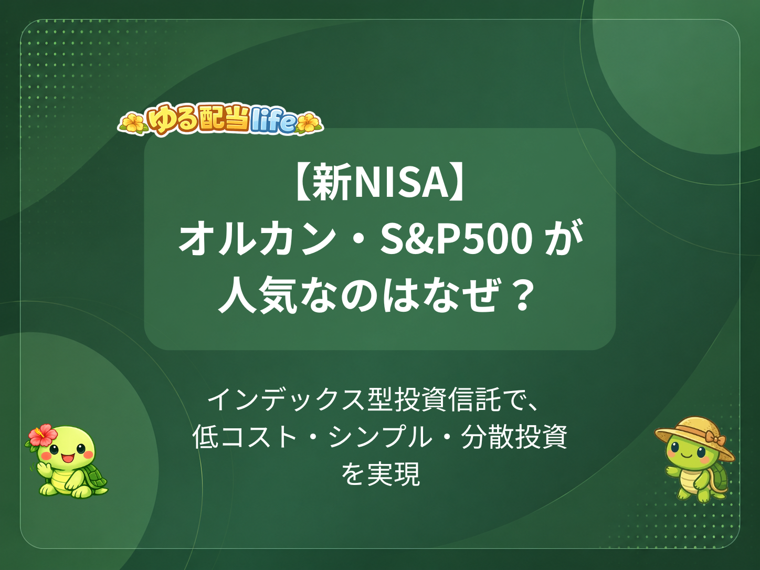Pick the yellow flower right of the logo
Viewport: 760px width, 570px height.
point(308,123)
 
